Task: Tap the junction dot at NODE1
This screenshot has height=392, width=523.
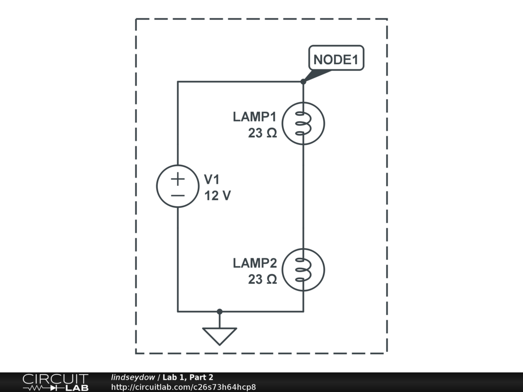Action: [303, 82]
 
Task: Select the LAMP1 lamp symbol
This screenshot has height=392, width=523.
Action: [303, 123]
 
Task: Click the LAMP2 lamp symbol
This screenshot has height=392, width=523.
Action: [303, 270]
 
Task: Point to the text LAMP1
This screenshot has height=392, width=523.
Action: [254, 116]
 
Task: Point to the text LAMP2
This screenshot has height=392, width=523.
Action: [254, 263]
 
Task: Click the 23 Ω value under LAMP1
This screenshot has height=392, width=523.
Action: [263, 133]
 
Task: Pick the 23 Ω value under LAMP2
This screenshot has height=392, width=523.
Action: [263, 280]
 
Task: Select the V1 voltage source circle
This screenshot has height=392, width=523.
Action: [177, 187]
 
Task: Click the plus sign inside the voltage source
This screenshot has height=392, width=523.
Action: [177, 179]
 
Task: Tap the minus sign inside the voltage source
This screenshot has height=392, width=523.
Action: [177, 195]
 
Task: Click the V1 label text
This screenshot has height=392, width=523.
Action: [211, 180]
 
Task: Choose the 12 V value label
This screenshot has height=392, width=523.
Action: [218, 195]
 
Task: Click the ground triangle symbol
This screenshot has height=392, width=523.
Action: [220, 335]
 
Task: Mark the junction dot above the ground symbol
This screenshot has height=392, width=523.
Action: [220, 311]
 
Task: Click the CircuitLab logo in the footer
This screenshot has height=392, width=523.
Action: [55, 382]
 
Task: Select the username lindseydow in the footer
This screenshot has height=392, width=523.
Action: [133, 377]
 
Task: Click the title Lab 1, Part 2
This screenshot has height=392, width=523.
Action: [188, 377]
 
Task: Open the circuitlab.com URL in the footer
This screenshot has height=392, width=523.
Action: [183, 387]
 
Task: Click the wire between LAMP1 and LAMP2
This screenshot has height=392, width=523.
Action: [303, 197]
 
